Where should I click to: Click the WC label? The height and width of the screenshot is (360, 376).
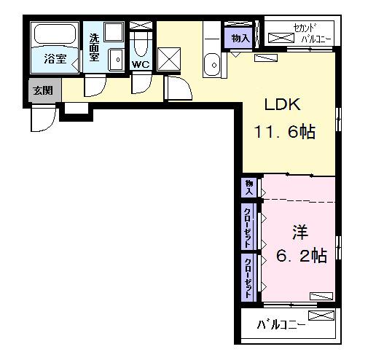coord(141,64)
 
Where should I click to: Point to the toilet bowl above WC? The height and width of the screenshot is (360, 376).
coord(141,46)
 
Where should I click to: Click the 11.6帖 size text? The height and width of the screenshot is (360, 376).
coord(285,133)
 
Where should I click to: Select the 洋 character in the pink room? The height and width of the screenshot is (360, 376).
coord(299,231)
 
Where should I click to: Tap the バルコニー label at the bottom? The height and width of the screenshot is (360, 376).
coord(281,325)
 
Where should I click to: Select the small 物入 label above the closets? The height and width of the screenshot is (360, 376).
coord(249,187)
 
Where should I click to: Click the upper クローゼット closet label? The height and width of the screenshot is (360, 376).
coord(249,227)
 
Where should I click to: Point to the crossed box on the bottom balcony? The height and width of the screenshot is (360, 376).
coord(321,316)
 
